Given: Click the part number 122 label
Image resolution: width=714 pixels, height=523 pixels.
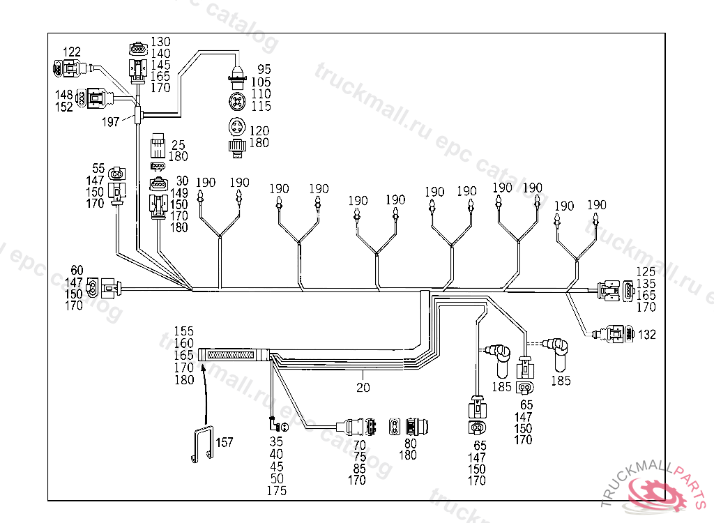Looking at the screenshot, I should tap(72, 52).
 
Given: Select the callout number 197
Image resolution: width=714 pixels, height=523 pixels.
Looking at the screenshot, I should tap(110, 123).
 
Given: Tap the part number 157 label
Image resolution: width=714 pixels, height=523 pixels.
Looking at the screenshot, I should tap(224, 442).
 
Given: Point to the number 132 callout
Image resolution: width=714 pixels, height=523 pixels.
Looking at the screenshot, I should tap(646, 335).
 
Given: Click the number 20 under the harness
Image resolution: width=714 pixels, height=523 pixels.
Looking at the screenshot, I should tap(363, 387).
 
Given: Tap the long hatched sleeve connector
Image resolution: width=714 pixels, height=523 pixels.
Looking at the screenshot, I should tap(234, 356).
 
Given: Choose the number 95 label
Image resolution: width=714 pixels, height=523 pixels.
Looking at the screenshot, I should tap(264, 69).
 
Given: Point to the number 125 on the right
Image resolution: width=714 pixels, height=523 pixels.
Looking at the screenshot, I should tap(646, 271).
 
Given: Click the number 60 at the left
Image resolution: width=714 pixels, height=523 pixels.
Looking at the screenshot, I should tap(77, 270).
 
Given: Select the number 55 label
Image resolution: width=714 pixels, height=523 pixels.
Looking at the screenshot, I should tap(98, 169).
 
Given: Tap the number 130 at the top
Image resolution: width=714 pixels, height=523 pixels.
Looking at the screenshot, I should tap(160, 42).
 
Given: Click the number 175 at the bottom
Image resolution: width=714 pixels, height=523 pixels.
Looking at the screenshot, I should tap(276, 491).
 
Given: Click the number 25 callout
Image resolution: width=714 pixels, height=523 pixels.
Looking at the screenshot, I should tap(178, 145).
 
